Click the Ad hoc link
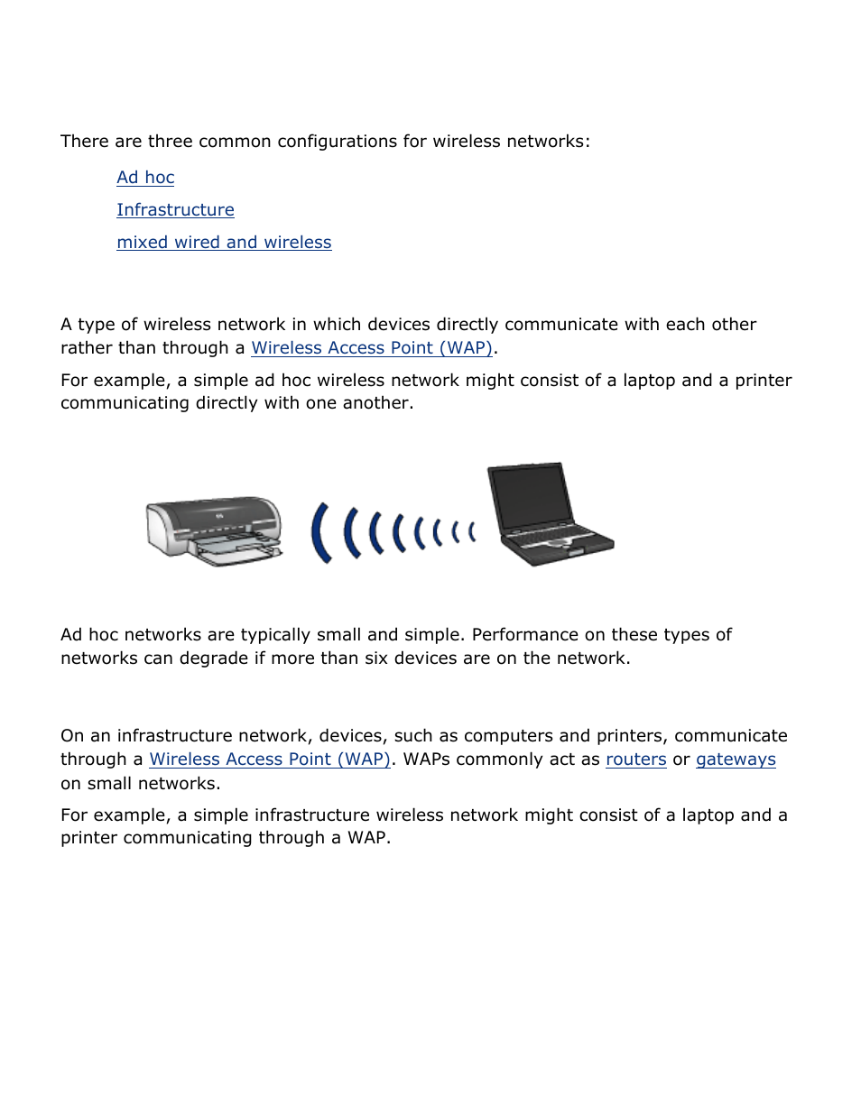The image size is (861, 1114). coord(145,178)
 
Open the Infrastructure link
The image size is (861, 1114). coord(175,210)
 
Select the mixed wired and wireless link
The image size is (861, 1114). coord(224,243)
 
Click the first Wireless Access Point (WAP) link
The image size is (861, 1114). coord(372,348)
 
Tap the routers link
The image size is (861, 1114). coord(635,760)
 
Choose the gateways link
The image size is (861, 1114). coord(736,760)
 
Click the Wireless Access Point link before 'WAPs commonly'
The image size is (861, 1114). coord(270,760)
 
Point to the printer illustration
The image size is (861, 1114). coord(215,530)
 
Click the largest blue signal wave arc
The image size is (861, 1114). coord(319,533)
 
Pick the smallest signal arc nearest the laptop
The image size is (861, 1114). coord(471,532)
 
